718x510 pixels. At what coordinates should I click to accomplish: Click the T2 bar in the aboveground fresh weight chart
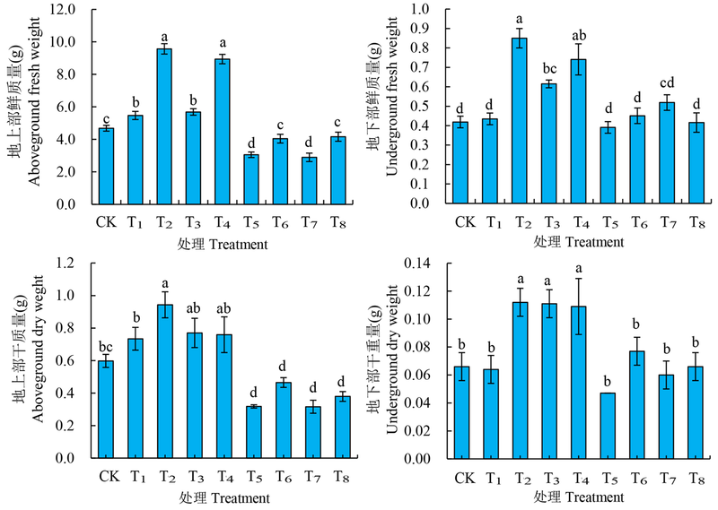coord(164,126)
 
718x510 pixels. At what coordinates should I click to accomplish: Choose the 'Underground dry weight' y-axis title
coord(393,360)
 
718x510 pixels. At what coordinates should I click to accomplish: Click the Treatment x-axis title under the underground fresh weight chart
coord(578,243)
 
